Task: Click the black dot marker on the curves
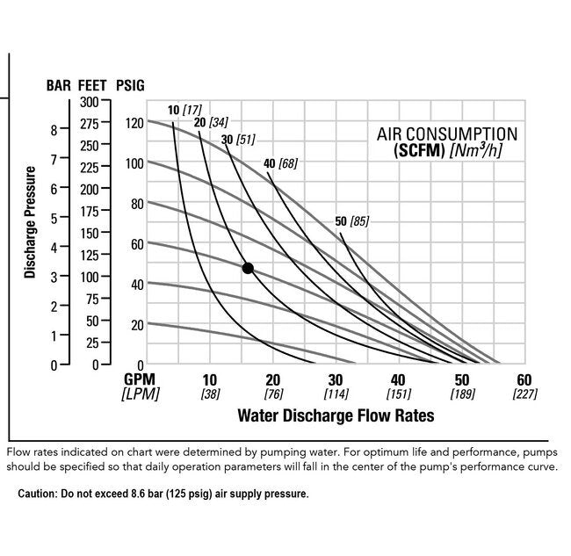tap(248, 268)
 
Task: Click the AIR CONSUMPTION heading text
tap(447, 134)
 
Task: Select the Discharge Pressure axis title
tap(31, 222)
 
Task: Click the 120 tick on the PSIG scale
tap(133, 122)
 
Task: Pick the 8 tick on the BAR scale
tap(54, 130)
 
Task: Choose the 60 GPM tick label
tap(524, 379)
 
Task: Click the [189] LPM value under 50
tap(461, 394)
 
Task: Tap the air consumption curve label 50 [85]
tap(353, 221)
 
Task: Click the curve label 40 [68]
tap(280, 163)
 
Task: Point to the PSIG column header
tap(130, 85)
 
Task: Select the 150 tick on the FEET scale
tap(88, 233)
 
